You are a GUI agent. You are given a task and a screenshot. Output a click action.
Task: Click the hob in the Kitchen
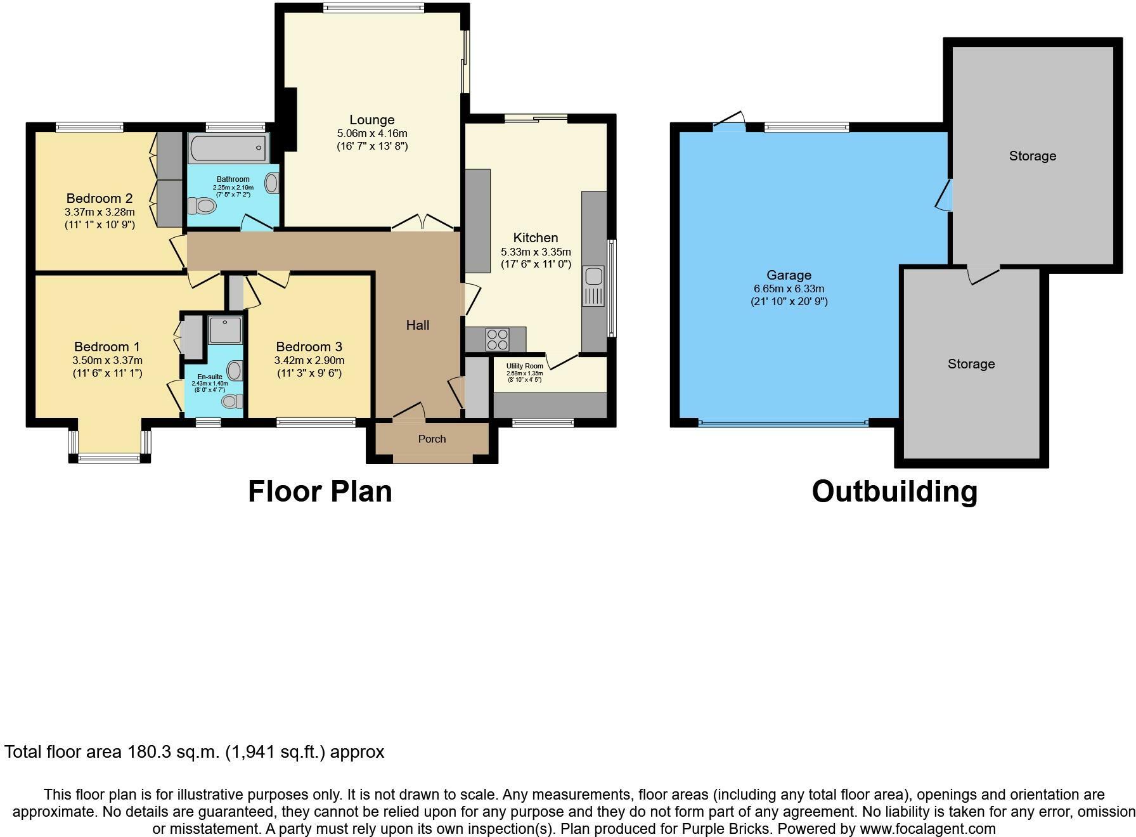pos(497,339)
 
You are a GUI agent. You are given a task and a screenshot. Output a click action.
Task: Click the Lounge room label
pos(372,120)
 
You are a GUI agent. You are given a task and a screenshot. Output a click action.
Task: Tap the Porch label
pos(432,439)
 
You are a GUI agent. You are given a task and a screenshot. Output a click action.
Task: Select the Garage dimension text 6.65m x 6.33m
pos(789,289)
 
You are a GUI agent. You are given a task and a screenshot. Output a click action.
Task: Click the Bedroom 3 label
pos(309,347)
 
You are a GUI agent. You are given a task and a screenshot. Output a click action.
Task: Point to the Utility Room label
pos(524,366)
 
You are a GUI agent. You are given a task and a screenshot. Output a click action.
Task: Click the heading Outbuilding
pos(894,491)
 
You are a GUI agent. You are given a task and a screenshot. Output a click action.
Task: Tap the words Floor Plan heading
pos(320,491)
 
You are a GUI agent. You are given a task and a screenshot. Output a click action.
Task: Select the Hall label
pos(418,325)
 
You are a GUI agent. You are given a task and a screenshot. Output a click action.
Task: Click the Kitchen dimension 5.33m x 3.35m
pos(536,252)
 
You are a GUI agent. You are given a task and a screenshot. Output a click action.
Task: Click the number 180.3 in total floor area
pos(150,752)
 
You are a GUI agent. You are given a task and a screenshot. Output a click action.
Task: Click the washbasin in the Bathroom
pos(272,184)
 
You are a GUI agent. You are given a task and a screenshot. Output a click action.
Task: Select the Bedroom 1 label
pos(107,347)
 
